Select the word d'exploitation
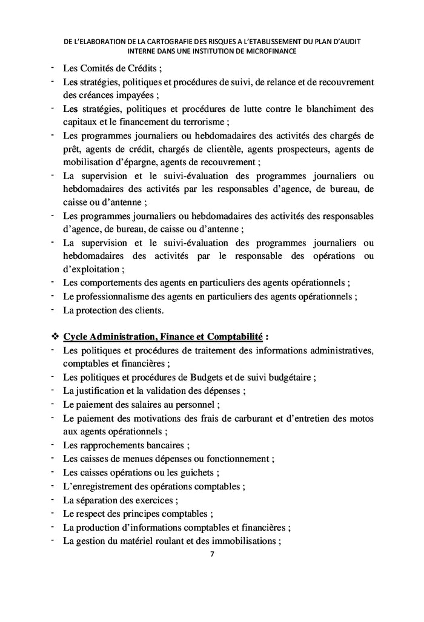click(x=93, y=269)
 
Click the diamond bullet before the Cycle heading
click(x=54, y=336)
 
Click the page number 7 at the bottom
click(x=211, y=554)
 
